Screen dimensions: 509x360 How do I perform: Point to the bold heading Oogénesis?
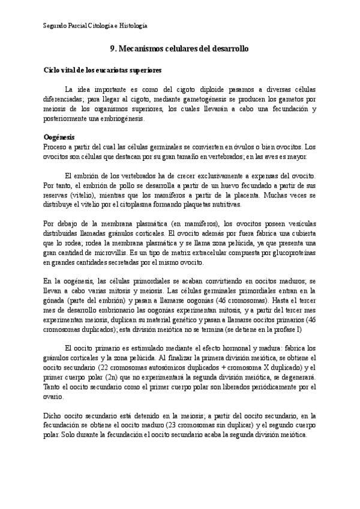[59, 137]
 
